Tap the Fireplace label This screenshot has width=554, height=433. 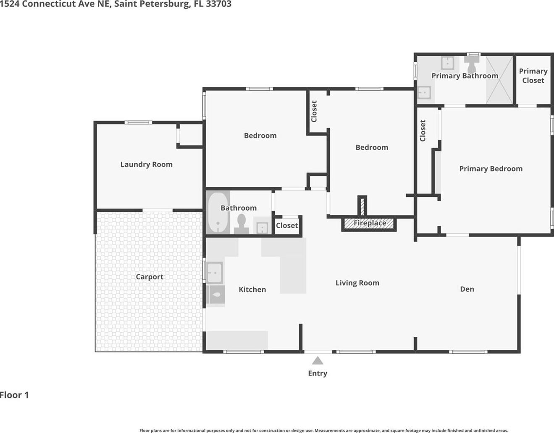tap(370, 223)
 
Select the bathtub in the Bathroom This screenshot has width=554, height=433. tap(218, 212)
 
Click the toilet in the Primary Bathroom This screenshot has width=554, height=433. tap(472, 64)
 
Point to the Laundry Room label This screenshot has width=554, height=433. tap(146, 164)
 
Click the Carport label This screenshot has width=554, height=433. tap(150, 276)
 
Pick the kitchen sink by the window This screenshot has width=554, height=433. tap(214, 273)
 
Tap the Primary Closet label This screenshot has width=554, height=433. tap(533, 76)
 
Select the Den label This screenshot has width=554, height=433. tap(467, 289)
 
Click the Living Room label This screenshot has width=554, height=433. tap(357, 283)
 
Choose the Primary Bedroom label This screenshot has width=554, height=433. tap(491, 169)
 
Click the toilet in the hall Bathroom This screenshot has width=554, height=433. tap(242, 224)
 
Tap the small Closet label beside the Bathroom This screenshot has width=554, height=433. tap(287, 225)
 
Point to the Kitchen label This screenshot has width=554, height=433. tap(252, 290)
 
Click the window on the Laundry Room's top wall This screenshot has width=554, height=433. tap(139, 123)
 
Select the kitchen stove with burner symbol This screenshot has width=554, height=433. tap(216, 295)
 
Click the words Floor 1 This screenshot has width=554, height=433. tap(14, 395)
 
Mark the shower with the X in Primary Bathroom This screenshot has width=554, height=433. tap(499, 80)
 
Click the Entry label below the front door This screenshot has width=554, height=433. tap(318, 373)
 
